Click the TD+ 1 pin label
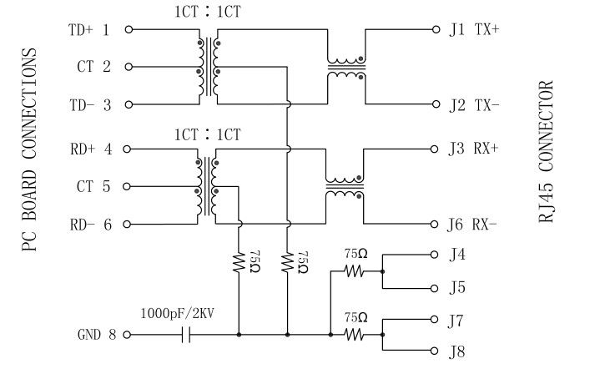(x=88, y=30)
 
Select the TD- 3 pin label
(x=88, y=105)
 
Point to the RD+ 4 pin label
(x=88, y=150)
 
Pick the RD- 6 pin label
(x=88, y=225)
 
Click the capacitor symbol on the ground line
(x=187, y=335)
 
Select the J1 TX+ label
(x=473, y=30)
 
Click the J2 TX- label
(x=473, y=105)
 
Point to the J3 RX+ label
(x=473, y=150)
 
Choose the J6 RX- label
(x=473, y=225)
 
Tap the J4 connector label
(x=456, y=254)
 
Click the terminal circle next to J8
(x=435, y=351)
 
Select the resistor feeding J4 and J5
(x=356, y=270)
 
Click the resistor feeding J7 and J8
(x=356, y=335)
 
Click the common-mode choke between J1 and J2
(x=345, y=68)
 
